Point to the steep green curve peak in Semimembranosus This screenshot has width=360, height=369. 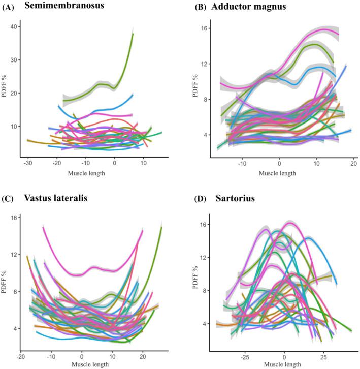click(132, 35)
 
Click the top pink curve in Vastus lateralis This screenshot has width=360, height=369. click(81, 274)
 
